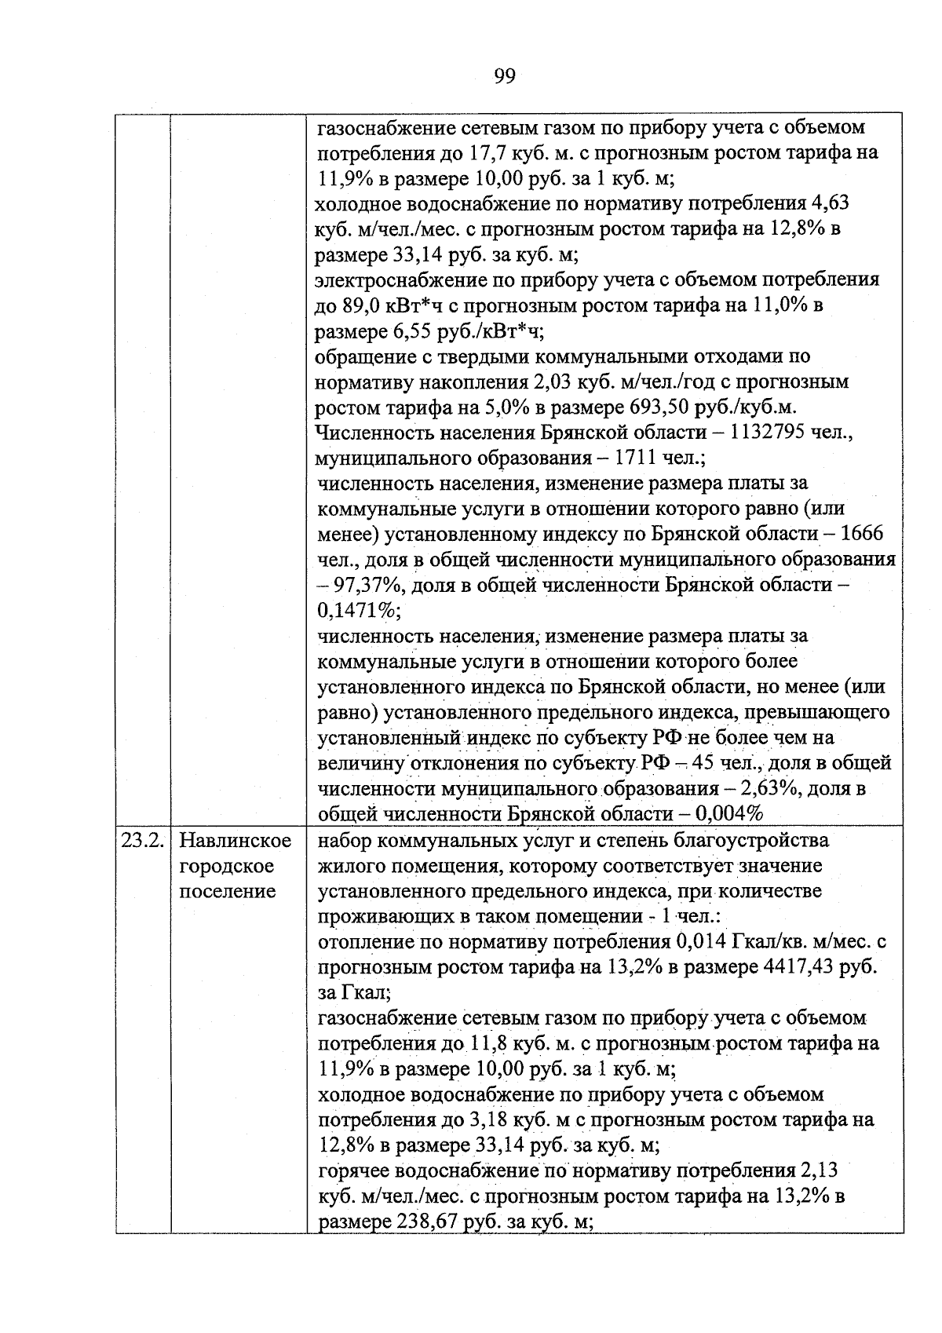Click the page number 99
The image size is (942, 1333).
(x=505, y=76)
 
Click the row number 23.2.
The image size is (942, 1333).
(x=142, y=841)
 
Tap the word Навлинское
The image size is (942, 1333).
(x=235, y=841)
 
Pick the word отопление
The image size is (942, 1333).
(x=365, y=941)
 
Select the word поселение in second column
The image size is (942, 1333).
(x=228, y=892)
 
